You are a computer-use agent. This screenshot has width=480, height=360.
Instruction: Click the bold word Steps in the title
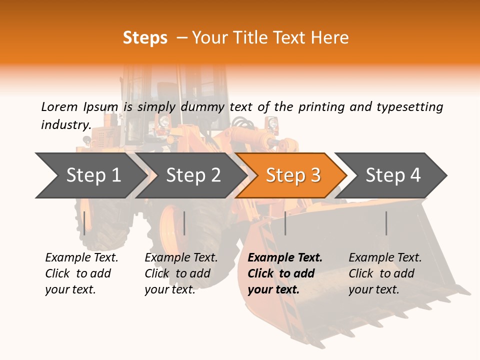point(145,38)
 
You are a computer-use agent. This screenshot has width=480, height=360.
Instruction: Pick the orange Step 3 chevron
point(293,175)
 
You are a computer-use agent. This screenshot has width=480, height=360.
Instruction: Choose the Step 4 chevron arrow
point(393,175)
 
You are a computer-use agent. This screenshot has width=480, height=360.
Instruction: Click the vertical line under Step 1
point(84,223)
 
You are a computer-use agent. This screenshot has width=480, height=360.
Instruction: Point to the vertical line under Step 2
point(184,223)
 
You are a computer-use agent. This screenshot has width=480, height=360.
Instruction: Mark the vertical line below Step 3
point(285,223)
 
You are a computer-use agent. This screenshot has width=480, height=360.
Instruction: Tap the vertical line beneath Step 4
point(386,223)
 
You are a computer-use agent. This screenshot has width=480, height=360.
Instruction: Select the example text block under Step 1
point(81,273)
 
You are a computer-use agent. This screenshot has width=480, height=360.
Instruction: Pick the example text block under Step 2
point(181,273)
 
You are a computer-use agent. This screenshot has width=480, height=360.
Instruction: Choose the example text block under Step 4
point(385,273)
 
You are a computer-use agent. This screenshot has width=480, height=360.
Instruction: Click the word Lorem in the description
point(59,106)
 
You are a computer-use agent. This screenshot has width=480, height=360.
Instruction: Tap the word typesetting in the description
point(409,107)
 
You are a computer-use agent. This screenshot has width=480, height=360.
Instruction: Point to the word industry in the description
point(65,124)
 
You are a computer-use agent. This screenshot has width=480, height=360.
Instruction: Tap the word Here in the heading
point(329,38)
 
